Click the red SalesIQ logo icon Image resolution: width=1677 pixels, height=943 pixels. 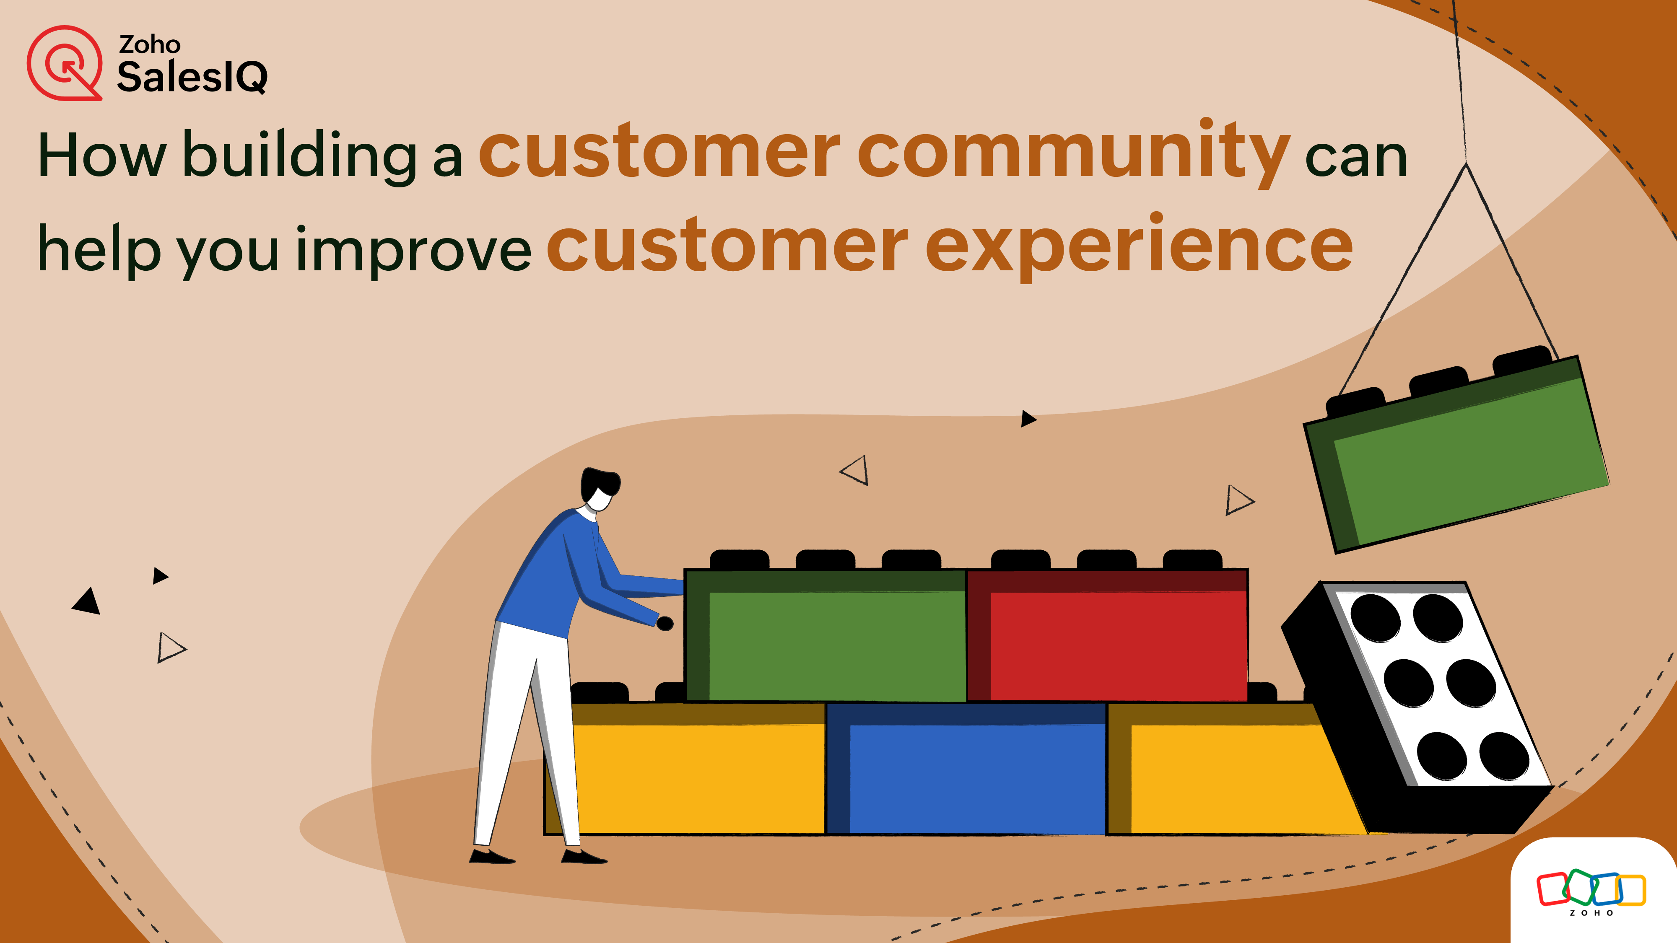64,63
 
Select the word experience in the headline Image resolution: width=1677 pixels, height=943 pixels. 1139,247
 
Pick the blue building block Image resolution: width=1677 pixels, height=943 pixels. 976,775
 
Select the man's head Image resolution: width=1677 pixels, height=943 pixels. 599,488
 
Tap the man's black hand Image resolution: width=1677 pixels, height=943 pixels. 665,624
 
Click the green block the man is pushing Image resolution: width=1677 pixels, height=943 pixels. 833,641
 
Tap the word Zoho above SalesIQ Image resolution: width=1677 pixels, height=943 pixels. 149,44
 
